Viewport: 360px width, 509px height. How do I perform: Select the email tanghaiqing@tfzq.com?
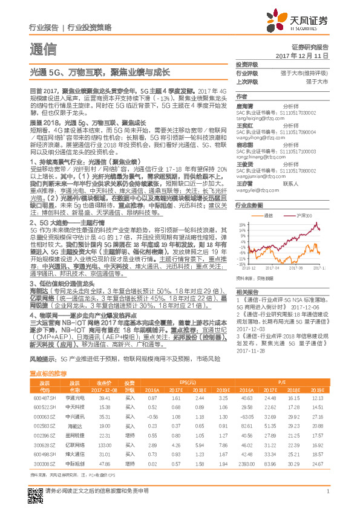258,119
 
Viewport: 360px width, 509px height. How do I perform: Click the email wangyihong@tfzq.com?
257,138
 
